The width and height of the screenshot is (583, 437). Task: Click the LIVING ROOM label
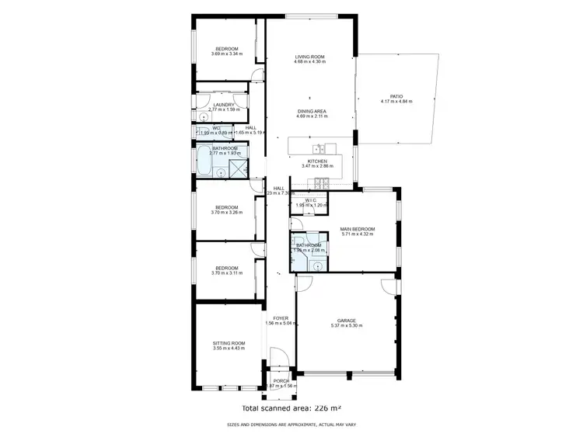[x=309, y=56]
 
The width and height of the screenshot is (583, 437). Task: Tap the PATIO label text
[x=396, y=95]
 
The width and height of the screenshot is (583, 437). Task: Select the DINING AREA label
[x=312, y=110]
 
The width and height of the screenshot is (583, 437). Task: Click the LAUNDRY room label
[x=225, y=105]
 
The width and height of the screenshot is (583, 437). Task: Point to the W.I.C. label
[x=310, y=200]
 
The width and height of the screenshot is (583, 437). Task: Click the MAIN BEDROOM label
[x=358, y=229]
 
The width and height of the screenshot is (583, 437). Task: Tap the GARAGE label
[x=347, y=320]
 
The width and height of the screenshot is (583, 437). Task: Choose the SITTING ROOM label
[x=229, y=342]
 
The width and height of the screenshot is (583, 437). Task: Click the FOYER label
[x=281, y=317]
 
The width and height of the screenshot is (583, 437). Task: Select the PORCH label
[x=281, y=380]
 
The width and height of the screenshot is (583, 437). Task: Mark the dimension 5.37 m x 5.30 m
[x=347, y=325]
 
